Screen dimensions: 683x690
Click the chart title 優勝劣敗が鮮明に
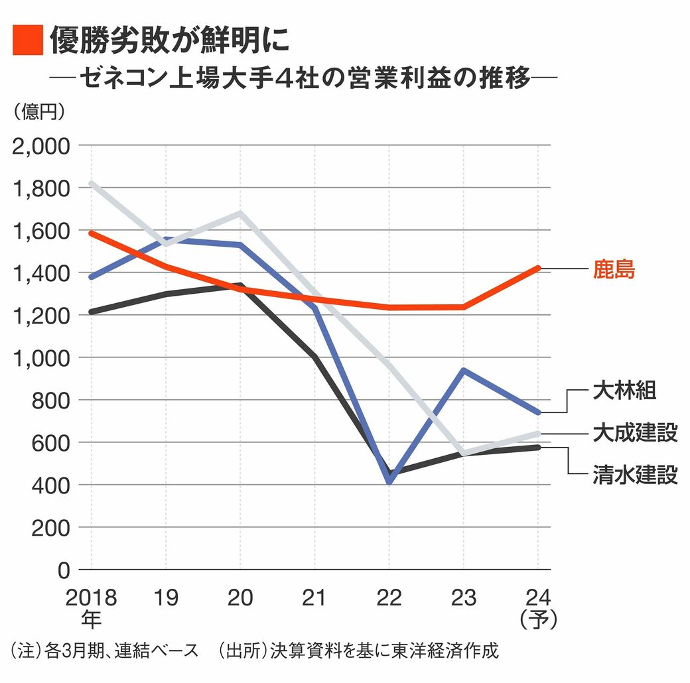[x=169, y=40]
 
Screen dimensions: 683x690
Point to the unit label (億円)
[x=38, y=111]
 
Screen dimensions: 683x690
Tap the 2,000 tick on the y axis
[x=41, y=146]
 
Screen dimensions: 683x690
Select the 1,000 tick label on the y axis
[x=41, y=358]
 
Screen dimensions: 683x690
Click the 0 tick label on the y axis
[x=64, y=570]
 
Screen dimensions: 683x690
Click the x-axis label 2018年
[x=91, y=608]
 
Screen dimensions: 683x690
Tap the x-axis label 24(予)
[x=538, y=608]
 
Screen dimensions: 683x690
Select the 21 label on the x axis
[x=314, y=598]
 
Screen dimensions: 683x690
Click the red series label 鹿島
[x=614, y=270]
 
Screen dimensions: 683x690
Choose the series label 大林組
[x=624, y=391]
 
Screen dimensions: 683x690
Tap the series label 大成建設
[x=635, y=433]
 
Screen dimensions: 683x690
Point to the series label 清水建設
[x=635, y=475]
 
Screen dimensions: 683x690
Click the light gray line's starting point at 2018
[x=91, y=184]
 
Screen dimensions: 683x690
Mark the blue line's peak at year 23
[x=463, y=370]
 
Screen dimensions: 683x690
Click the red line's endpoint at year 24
[x=537, y=269]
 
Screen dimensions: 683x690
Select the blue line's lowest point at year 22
[x=389, y=481]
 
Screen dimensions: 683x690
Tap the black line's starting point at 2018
[x=91, y=312]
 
